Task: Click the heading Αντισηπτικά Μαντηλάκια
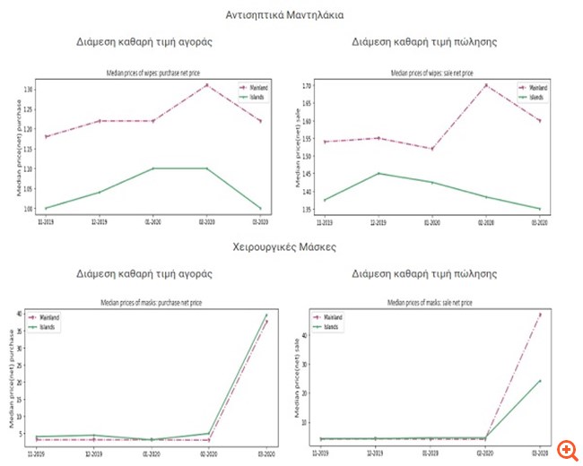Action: [291, 15]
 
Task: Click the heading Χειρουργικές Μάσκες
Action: [291, 245]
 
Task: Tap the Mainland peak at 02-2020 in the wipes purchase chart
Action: [206, 85]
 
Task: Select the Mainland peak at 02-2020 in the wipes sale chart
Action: [485, 85]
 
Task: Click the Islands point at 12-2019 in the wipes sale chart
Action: [379, 173]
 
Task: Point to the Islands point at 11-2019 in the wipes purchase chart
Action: [47, 208]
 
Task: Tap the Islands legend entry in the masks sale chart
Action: [332, 327]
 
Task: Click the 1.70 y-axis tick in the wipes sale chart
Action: [306, 86]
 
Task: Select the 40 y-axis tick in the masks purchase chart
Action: [23, 313]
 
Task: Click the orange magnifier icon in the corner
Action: [566, 449]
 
